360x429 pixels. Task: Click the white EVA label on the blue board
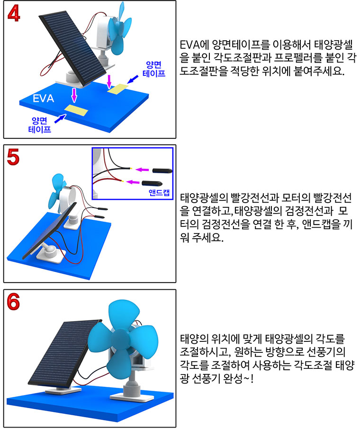click(43, 99)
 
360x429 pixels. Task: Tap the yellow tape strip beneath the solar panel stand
click(76, 111)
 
